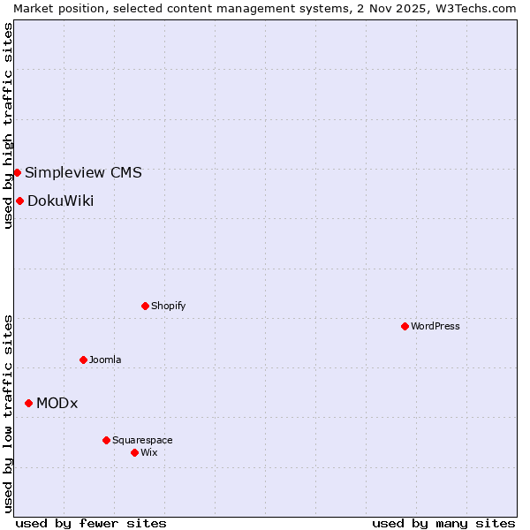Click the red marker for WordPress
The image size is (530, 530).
coord(405,326)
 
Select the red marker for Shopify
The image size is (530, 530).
coord(145,306)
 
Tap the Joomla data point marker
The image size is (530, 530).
coord(83,360)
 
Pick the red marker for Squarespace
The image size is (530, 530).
coord(106,440)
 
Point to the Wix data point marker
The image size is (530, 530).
coord(134,452)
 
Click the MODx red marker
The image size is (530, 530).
coord(28,403)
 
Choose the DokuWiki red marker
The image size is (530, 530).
coord(19,201)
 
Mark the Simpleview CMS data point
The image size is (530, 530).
coord(17,172)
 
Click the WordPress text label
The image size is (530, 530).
coord(435,326)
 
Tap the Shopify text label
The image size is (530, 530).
coord(168,306)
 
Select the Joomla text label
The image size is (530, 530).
coord(105,360)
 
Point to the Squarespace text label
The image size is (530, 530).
coord(142,440)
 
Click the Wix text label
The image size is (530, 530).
coord(148,452)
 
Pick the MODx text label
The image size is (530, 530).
coord(57,403)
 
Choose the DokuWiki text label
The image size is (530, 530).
coord(60,201)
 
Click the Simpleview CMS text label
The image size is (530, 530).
coord(83,172)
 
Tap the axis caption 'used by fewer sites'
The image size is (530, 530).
coord(91,523)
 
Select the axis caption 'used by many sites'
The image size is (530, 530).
coord(443,523)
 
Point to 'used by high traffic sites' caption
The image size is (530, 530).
coord(8,125)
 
